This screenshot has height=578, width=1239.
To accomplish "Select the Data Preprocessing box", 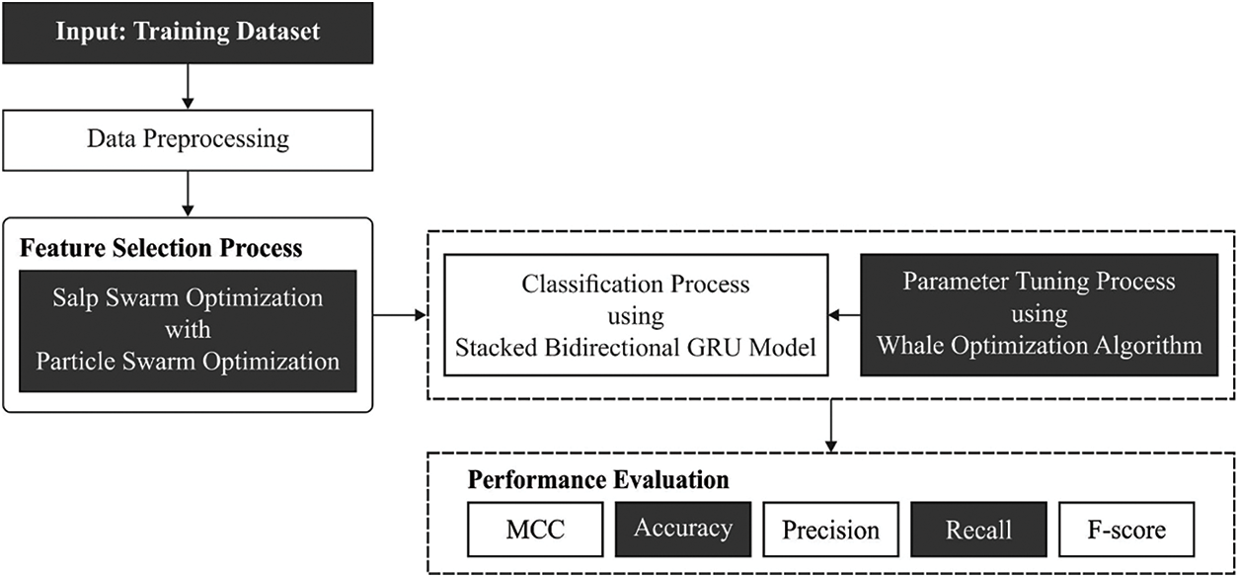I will (x=188, y=138).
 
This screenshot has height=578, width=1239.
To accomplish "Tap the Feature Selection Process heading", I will (x=161, y=247).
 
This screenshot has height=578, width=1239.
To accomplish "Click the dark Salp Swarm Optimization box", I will (x=188, y=331).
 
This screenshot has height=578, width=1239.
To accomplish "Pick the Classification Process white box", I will (x=635, y=314).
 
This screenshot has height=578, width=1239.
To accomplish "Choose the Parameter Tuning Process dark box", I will (x=1040, y=314).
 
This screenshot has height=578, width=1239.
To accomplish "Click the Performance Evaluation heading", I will (x=598, y=480).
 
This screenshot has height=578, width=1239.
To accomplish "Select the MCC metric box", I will (x=535, y=529).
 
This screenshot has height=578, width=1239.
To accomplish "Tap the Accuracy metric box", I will (x=683, y=529).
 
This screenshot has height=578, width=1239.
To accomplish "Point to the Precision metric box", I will (x=830, y=530).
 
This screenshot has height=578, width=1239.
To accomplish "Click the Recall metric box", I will (x=978, y=529).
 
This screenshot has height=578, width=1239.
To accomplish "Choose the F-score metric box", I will (x=1125, y=530).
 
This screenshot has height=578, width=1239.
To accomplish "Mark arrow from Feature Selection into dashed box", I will (x=400, y=315).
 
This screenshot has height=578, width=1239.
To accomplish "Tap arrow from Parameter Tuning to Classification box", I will (x=843, y=315).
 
